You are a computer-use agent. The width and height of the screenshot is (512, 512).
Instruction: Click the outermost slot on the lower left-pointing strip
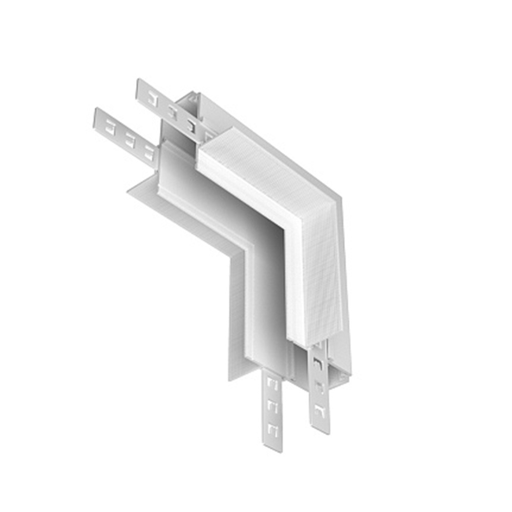pyautogui.click(x=109, y=126)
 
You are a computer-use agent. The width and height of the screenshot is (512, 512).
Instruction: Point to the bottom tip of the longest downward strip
pyautogui.click(x=274, y=448)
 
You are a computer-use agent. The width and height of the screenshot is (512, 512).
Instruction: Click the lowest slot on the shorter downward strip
pyautogui.click(x=319, y=410)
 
